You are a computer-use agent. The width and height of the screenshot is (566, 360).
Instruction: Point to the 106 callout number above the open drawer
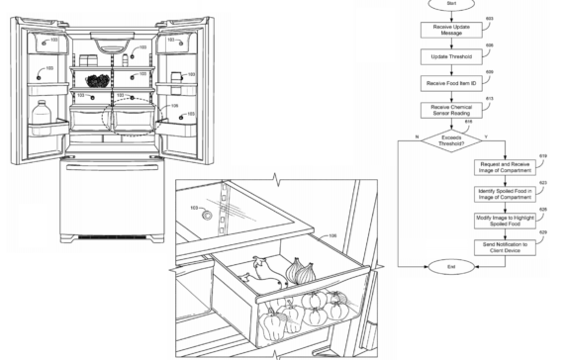pyautogui.click(x=332, y=236)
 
